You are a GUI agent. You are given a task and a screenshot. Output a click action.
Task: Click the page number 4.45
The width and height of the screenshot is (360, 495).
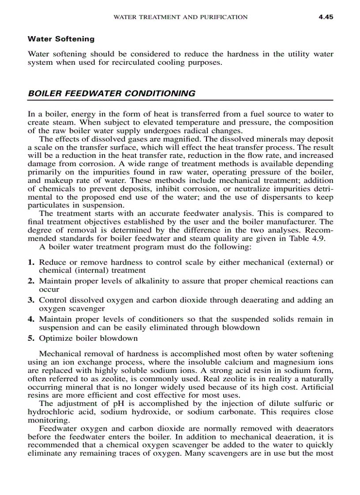(x=325, y=17)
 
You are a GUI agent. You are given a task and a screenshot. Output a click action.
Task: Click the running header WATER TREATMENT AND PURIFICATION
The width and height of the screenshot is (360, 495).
(x=180, y=17)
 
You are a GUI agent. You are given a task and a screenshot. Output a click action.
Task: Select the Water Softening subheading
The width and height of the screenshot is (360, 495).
(x=61, y=39)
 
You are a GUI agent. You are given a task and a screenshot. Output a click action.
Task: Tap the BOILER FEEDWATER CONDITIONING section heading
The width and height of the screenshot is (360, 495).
(x=111, y=93)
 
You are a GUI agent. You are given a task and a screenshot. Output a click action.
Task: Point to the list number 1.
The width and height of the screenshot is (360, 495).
(x=31, y=262)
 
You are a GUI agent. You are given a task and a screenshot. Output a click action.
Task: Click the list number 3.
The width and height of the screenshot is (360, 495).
(x=31, y=300)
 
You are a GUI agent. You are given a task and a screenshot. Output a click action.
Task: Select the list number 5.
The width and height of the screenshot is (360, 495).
(x=31, y=338)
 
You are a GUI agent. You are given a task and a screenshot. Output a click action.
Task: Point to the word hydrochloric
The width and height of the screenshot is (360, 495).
(x=48, y=412)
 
